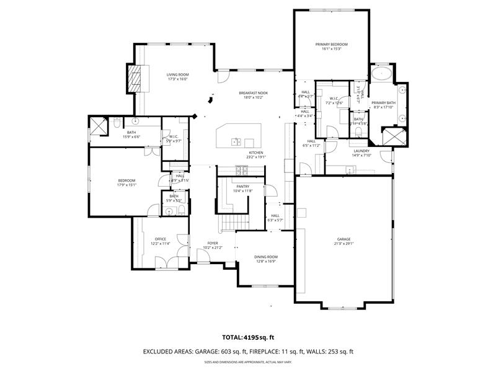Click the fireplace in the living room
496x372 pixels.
(135, 77)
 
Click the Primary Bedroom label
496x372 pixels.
(331, 45)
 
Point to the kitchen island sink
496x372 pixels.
(236, 141)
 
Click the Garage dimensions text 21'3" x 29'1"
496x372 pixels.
(343, 243)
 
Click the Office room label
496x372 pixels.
(160, 239)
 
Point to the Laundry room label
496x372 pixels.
(361, 151)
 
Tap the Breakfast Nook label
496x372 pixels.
(254, 92)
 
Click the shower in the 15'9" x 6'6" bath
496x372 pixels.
(98, 127)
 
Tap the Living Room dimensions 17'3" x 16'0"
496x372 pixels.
(177, 79)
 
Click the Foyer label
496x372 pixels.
(212, 243)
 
